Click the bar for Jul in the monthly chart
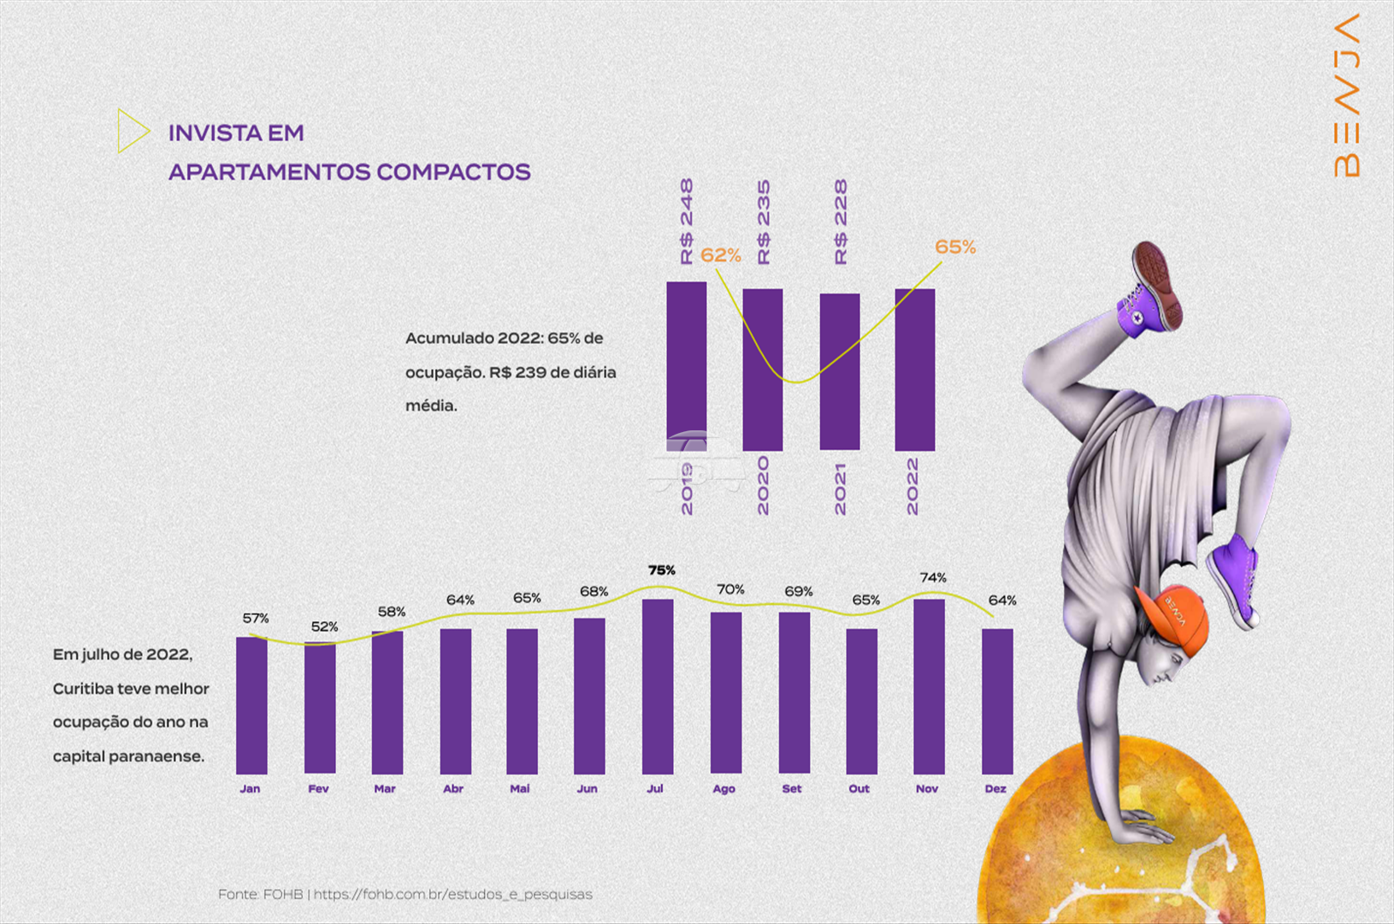tap(658, 686)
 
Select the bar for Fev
tap(320, 708)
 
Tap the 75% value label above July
tap(662, 571)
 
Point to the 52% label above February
tap(324, 626)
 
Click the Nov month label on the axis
tap(927, 789)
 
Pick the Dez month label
tap(995, 789)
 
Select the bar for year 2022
tap(915, 370)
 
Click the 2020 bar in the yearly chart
tap(762, 370)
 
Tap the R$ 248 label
tap(687, 222)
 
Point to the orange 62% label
tap(721, 255)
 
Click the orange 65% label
tap(955, 247)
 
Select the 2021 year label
tap(840, 489)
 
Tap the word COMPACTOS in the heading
tap(453, 172)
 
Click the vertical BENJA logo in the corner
tap(1346, 96)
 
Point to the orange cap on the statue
tap(1173, 619)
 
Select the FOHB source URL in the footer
tap(452, 895)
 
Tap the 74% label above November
tap(933, 577)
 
